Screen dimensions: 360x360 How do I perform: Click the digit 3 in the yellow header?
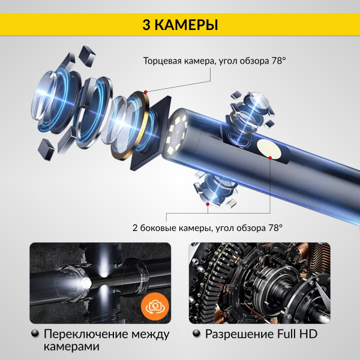pos(146,25)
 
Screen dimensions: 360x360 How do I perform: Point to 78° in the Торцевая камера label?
pos(277,61)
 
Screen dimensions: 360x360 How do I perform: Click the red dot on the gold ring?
pos(145,91)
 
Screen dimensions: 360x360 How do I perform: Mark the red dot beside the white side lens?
pos(271,158)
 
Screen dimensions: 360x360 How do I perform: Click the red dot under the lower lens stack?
pos(208,205)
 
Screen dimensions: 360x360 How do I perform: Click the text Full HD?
pos(294,334)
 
